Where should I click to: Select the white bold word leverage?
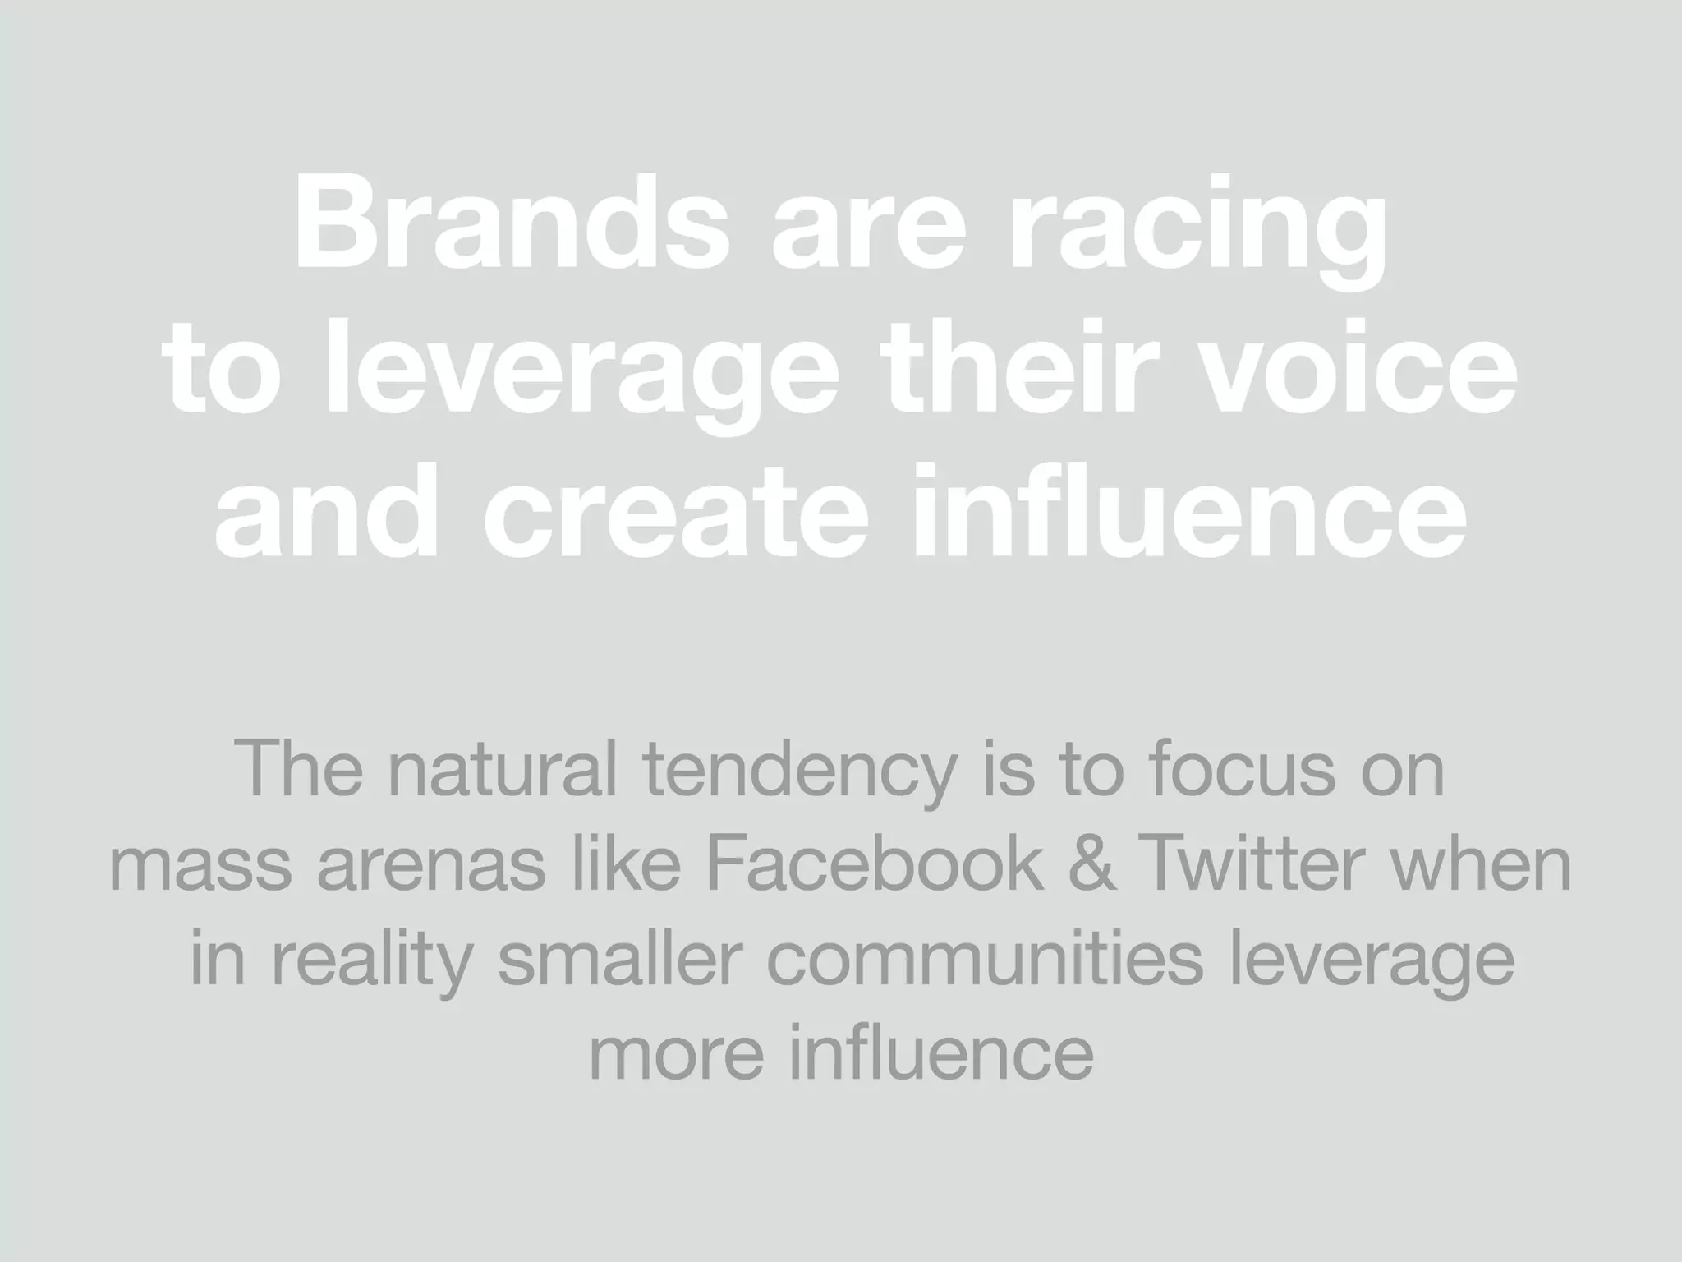point(582,375)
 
